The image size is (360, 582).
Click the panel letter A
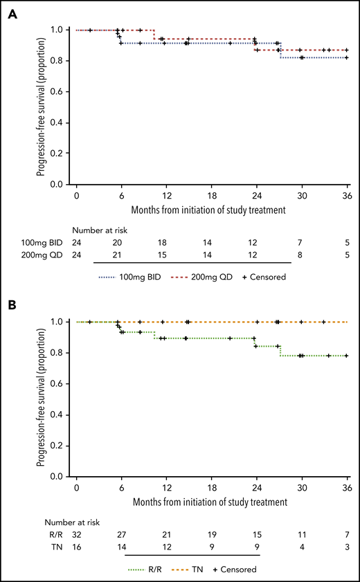point(12,13)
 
